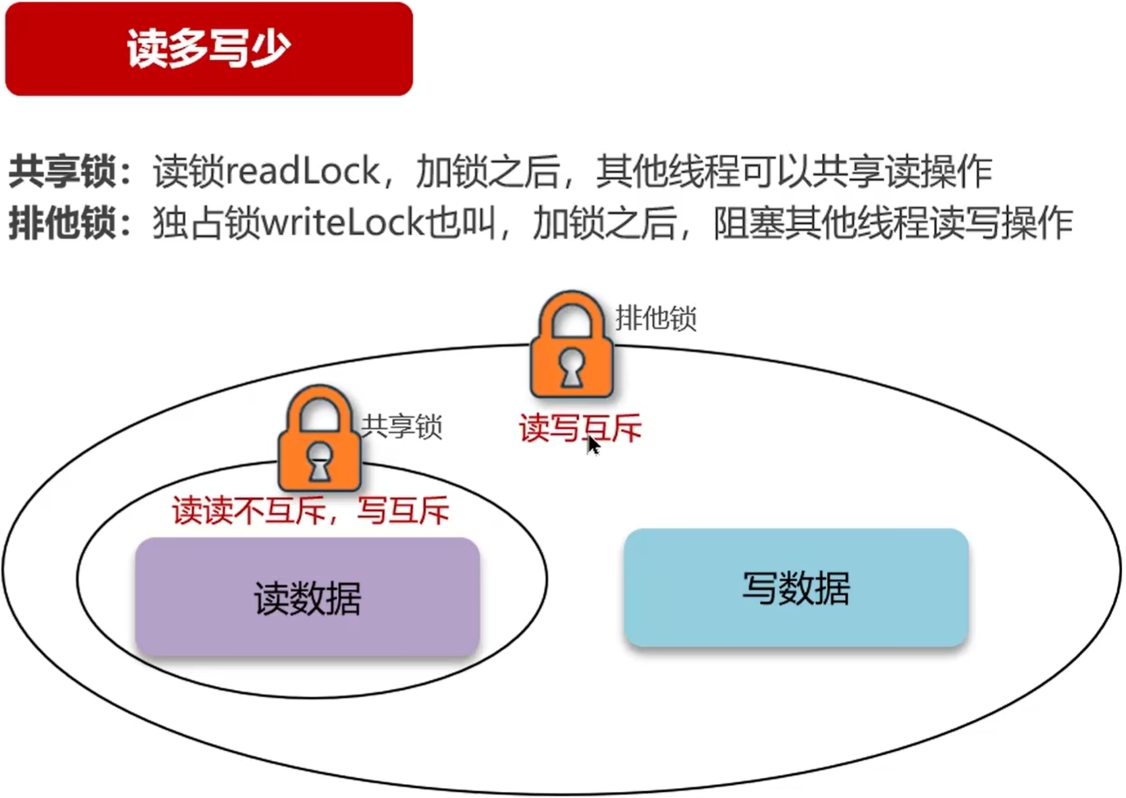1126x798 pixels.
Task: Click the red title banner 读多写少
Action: [x=208, y=49]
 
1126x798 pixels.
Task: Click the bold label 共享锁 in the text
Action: [x=62, y=171]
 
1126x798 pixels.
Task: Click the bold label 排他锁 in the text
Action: [x=62, y=224]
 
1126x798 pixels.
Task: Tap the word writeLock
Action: [x=343, y=224]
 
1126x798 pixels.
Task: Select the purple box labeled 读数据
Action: [x=307, y=597]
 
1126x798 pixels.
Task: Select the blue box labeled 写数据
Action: [x=796, y=587]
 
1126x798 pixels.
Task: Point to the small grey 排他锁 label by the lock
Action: [x=655, y=318]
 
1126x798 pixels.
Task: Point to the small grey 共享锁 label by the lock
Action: [x=401, y=426]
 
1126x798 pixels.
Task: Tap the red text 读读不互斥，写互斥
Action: [x=310, y=511]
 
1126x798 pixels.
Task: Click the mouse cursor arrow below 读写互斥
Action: [x=593, y=445]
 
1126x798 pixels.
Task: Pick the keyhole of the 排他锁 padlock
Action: [x=571, y=368]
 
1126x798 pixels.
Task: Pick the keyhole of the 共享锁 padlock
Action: [x=319, y=462]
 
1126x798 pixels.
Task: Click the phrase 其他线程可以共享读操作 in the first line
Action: [x=794, y=171]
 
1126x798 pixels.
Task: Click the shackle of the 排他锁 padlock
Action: [x=571, y=313]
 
